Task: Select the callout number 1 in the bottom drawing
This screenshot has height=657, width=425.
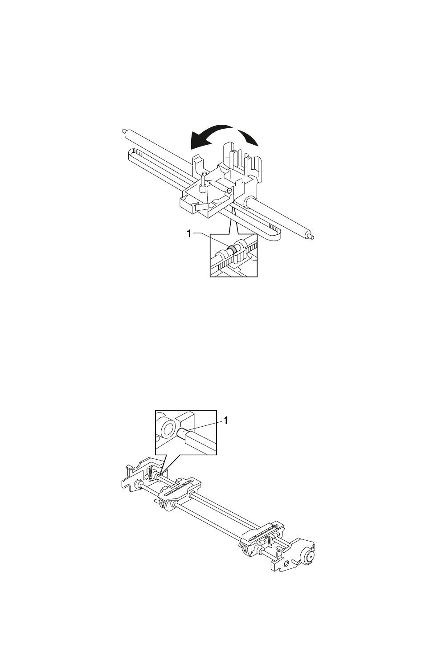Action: pos(226,420)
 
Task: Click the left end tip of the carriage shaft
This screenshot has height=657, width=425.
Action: pos(122,131)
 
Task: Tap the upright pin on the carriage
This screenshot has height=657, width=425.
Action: pos(203,180)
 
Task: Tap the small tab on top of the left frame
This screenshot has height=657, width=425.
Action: pos(128,468)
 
